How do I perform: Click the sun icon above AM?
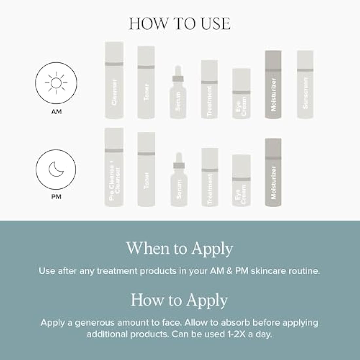click(x=56, y=83)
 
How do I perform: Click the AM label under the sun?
click(x=56, y=112)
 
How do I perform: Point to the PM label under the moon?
click(x=56, y=197)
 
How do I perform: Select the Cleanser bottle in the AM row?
click(x=114, y=81)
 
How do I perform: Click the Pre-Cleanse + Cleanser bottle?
click(x=114, y=167)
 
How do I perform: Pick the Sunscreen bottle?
click(x=305, y=84)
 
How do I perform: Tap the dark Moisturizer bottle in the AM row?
click(x=273, y=84)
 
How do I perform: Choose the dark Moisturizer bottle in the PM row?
click(x=273, y=172)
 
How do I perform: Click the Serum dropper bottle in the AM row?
click(x=178, y=95)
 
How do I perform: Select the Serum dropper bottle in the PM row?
click(x=178, y=182)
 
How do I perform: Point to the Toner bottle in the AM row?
click(x=146, y=82)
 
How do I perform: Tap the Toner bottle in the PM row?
click(x=146, y=170)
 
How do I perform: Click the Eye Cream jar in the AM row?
click(x=242, y=94)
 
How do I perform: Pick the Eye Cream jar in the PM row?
click(x=242, y=181)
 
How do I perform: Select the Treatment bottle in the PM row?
click(x=210, y=177)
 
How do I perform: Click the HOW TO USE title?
click(x=180, y=24)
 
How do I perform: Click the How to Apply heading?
click(x=180, y=300)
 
